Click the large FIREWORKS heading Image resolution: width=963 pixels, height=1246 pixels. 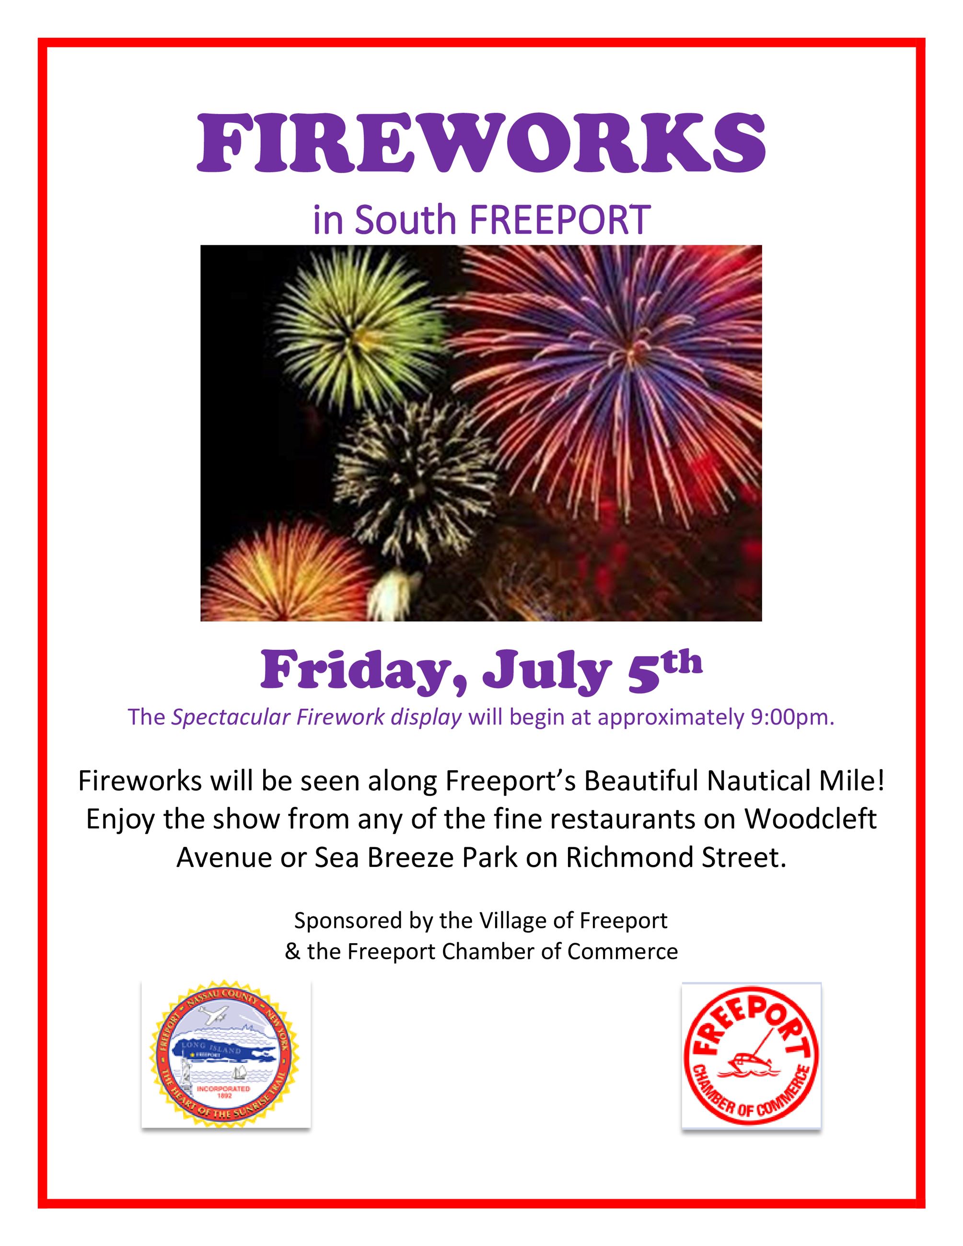481,143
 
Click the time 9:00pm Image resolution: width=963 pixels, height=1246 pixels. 789,717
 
